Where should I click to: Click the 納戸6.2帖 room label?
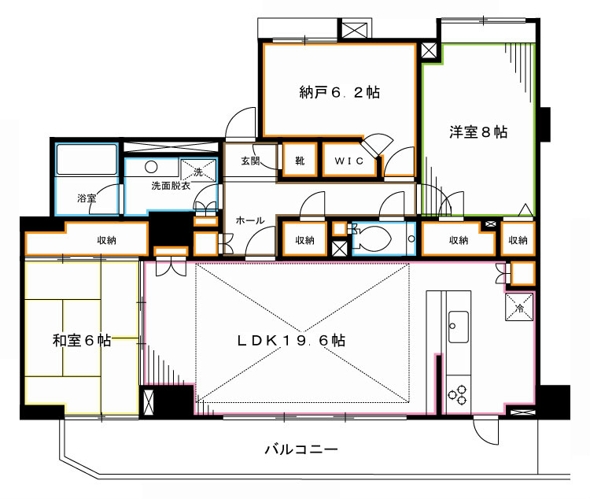(339, 92)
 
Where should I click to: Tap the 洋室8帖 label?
(478, 132)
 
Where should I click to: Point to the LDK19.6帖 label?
(291, 341)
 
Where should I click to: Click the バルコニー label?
(301, 450)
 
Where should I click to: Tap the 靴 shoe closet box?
(300, 161)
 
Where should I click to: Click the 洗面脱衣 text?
(170, 186)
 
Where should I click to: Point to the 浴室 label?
(87, 198)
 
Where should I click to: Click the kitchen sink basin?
(458, 322)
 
